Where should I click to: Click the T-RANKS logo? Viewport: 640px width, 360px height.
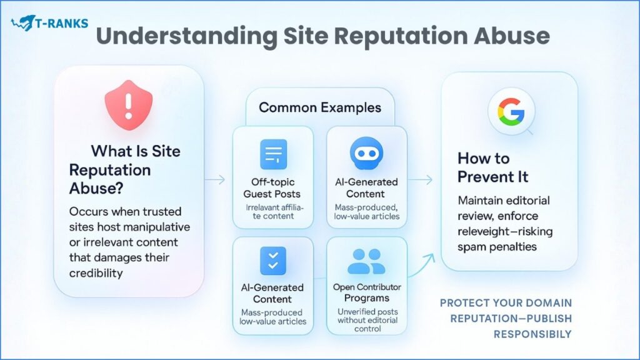(50, 24)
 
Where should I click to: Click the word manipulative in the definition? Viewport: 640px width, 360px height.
(159, 226)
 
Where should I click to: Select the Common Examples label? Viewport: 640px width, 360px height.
(319, 107)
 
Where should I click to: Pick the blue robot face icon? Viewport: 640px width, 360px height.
(367, 152)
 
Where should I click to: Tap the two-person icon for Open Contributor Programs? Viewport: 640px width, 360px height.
(366, 262)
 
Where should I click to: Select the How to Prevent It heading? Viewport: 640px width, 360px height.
(492, 167)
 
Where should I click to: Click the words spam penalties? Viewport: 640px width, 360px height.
(497, 247)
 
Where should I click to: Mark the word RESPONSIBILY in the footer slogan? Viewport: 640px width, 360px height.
(532, 334)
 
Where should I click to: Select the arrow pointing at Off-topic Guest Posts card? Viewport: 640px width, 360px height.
(216, 180)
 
